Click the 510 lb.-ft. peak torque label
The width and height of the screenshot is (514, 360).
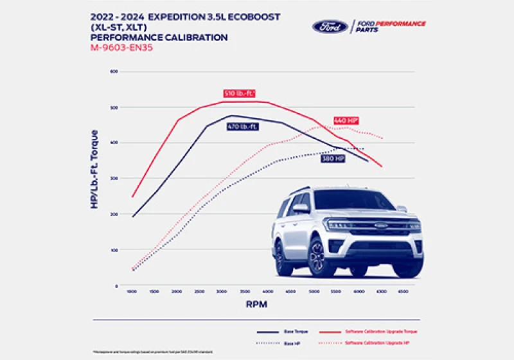pyautogui.click(x=239, y=93)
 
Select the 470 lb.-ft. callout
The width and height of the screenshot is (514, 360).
pyautogui.click(x=243, y=127)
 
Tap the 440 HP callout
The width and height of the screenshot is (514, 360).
pyautogui.click(x=346, y=120)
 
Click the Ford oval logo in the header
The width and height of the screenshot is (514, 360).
pyautogui.click(x=330, y=26)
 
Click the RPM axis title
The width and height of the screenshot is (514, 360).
pyautogui.click(x=255, y=303)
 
